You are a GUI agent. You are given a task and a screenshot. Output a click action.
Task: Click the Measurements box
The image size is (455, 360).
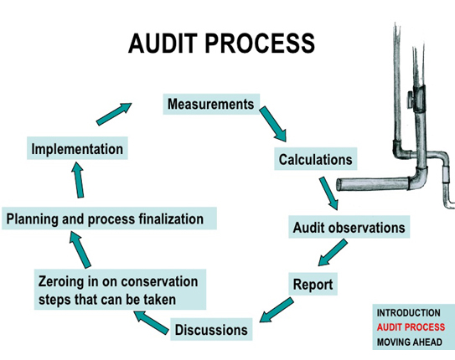211,104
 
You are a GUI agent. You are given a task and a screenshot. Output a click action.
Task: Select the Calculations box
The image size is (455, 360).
316,159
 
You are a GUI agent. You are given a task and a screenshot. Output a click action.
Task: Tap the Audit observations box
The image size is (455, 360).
349,227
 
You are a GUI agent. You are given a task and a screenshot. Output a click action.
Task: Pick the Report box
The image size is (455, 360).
313,284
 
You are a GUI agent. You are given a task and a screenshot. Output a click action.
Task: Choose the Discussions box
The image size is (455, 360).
211,329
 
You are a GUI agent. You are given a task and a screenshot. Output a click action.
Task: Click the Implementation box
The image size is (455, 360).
77,148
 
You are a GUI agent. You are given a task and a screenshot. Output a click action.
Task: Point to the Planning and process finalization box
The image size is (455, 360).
109,219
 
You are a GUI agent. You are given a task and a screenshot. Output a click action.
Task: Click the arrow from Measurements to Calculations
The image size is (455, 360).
273,124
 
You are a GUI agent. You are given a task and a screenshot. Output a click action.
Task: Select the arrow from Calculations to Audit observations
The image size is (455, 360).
328,193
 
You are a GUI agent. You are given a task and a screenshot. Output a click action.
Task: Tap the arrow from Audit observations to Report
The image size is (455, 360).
333,253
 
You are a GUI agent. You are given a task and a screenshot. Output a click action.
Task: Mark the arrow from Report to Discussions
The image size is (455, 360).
277,310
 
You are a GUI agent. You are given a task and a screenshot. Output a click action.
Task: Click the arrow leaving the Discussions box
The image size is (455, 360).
151,322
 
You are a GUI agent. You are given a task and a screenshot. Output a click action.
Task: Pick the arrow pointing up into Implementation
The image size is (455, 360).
78,180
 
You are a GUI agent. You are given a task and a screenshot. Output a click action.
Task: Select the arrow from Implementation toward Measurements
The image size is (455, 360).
114,114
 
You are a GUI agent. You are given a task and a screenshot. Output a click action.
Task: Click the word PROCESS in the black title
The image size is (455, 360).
260,44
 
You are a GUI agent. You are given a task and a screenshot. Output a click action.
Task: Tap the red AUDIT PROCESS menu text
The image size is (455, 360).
411,327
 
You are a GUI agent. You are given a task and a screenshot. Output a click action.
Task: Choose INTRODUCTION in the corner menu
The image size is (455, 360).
409,313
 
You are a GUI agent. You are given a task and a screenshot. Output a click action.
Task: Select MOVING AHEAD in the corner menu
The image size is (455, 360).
410,342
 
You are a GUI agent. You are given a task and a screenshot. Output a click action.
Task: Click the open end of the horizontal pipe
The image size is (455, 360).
339,185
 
